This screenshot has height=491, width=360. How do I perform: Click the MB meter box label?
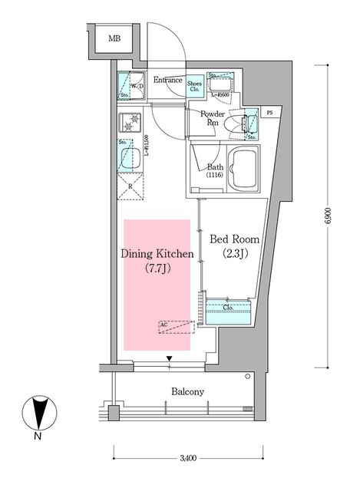pyautogui.click(x=114, y=38)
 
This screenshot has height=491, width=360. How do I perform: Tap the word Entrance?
pyautogui.click(x=167, y=80)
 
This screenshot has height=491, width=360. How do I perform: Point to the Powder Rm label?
pyautogui.click(x=212, y=118)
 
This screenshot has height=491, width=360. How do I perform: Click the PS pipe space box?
pyautogui.click(x=269, y=113)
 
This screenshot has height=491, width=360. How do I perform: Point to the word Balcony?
pyautogui.click(x=187, y=392)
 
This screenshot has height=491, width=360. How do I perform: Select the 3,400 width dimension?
pyautogui.click(x=187, y=460)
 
